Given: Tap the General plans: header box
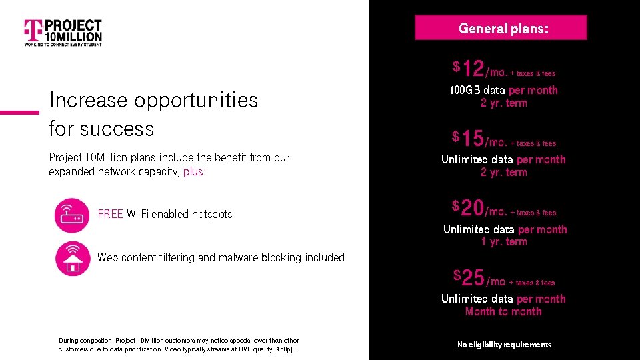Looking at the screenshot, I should click(x=501, y=28).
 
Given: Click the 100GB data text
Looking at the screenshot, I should click(x=477, y=90).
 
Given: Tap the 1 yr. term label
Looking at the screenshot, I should click(x=503, y=242).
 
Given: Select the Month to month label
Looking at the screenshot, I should click(x=503, y=311).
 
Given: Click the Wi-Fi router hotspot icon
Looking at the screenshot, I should click(x=72, y=215).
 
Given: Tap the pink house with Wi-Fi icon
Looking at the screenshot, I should click(x=72, y=258).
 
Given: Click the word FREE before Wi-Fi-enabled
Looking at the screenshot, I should click(x=110, y=214).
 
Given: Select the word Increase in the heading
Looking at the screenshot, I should click(x=88, y=100).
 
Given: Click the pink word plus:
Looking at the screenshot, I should click(x=195, y=171).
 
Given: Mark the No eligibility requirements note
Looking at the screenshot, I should click(x=504, y=345).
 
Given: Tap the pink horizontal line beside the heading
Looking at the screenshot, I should click(x=19, y=112).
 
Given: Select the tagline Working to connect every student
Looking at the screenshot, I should click(x=63, y=45).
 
